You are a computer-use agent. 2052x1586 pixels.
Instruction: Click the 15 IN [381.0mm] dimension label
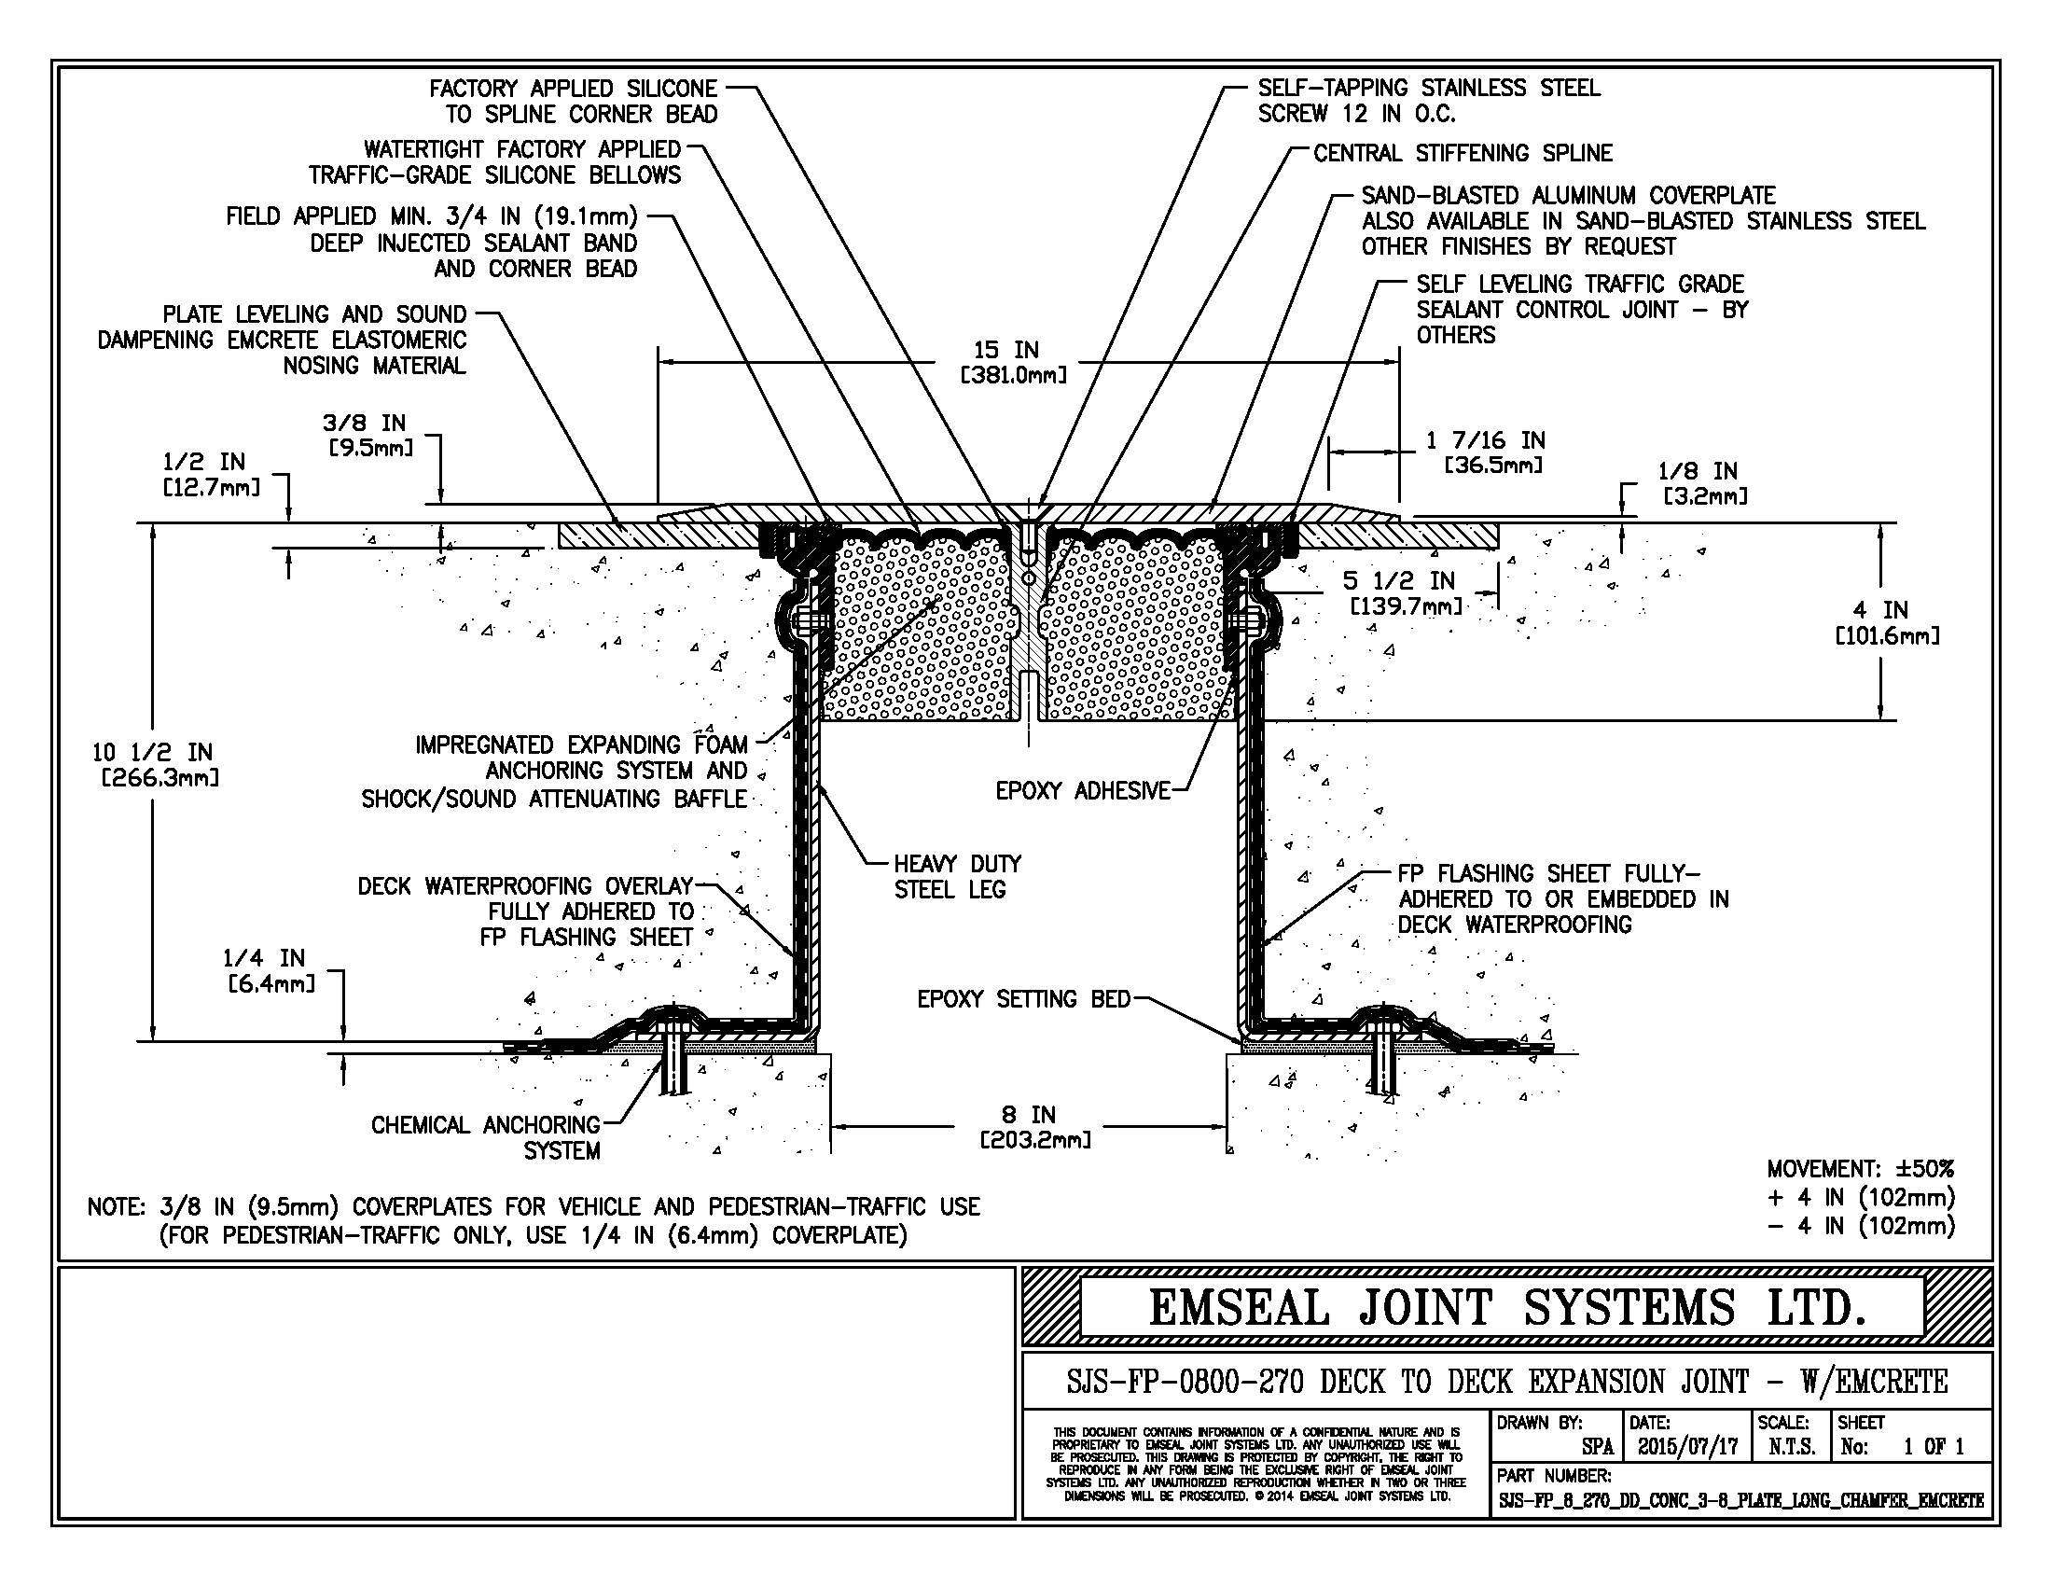click(1013, 363)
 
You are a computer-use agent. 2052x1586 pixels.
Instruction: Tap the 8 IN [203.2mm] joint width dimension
click(1034, 1128)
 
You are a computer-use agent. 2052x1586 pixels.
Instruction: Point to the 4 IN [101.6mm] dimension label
click(1887, 623)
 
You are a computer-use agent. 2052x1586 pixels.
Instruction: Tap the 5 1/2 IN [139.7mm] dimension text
click(1406, 592)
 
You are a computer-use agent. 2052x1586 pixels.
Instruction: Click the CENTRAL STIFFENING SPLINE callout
click(1462, 153)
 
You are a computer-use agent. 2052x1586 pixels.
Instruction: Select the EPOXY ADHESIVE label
click(1082, 791)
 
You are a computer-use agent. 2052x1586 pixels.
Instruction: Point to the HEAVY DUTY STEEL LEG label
click(956, 877)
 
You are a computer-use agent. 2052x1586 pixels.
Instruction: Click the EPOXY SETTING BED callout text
click(1023, 999)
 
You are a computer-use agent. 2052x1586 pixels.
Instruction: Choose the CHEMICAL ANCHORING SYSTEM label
click(485, 1137)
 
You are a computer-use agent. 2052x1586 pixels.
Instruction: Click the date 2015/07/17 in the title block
click(1687, 1447)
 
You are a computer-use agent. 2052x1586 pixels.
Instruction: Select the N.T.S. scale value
click(1792, 1447)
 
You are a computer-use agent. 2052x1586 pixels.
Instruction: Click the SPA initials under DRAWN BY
click(1597, 1447)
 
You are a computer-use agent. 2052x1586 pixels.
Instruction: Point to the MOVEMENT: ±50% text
click(1861, 1169)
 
